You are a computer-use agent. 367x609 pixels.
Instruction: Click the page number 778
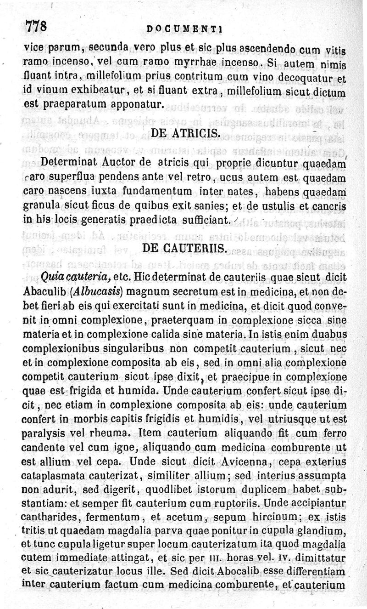[36, 27]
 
